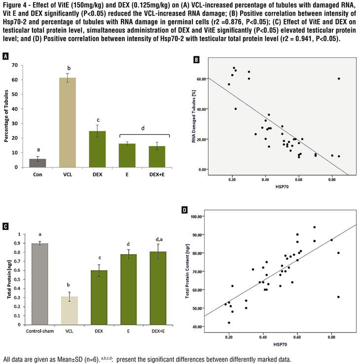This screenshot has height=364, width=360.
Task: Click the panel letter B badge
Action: [196, 60]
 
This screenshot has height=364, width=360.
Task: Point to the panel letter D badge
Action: [184, 211]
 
